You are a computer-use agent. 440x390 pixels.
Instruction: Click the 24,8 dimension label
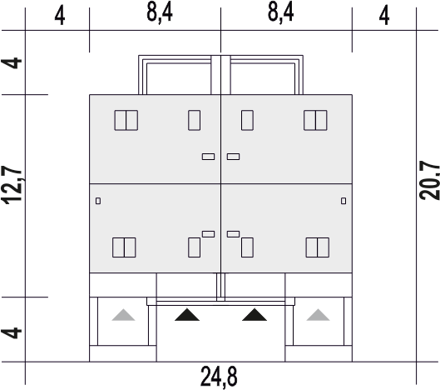(x=219, y=377)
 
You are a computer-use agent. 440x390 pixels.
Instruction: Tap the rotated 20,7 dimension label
(x=429, y=180)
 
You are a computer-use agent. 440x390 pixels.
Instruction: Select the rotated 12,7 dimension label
(x=12, y=185)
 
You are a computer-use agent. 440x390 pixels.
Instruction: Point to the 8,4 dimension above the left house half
(x=160, y=12)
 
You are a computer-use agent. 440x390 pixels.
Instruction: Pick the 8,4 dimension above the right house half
(x=280, y=12)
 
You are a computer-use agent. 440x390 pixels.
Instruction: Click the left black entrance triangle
(x=187, y=315)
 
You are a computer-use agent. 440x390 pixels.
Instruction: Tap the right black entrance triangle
(x=255, y=315)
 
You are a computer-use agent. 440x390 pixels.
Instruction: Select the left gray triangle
(x=123, y=315)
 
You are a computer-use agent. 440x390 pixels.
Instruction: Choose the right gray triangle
(x=318, y=315)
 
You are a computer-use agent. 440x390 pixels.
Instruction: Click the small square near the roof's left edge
(x=98, y=201)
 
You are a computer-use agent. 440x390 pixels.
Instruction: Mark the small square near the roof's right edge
(x=344, y=201)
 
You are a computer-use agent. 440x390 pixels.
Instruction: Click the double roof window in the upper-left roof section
(x=126, y=120)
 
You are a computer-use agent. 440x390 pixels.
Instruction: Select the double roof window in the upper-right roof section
(x=315, y=120)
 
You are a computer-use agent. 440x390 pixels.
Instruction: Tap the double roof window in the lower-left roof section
(x=124, y=247)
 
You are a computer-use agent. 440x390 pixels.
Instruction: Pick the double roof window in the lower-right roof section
(x=318, y=247)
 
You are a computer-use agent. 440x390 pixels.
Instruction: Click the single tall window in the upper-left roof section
(x=194, y=120)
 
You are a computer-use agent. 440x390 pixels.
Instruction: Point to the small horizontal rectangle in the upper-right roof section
(x=233, y=157)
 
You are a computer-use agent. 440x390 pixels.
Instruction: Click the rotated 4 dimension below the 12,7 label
(x=12, y=332)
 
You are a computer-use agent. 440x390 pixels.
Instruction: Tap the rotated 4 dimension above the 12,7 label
(x=12, y=63)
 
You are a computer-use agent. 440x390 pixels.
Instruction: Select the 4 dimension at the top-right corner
(x=384, y=15)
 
